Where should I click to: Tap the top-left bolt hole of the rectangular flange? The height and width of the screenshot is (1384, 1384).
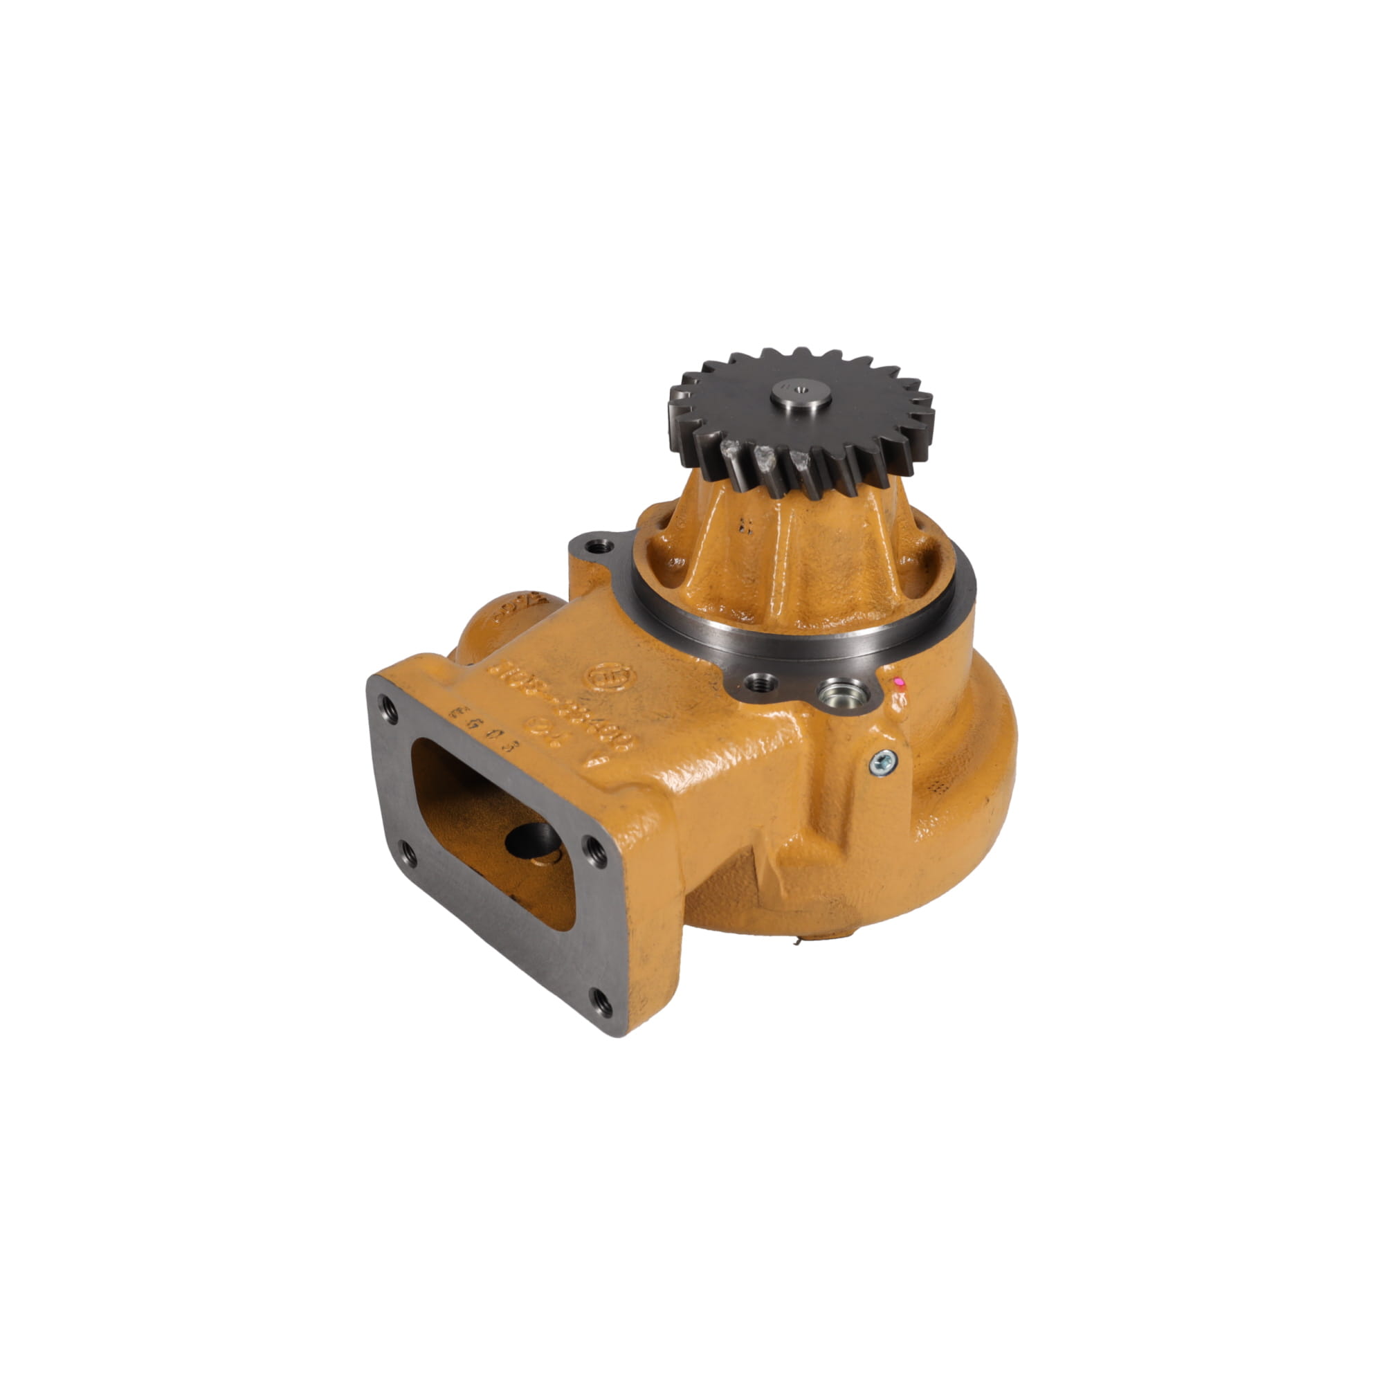(x=388, y=704)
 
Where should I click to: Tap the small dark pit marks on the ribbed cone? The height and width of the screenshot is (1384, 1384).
(x=745, y=527)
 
